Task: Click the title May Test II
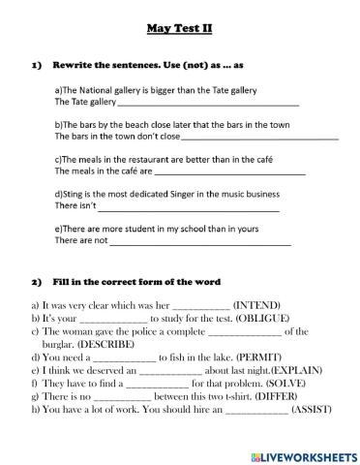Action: [179, 29]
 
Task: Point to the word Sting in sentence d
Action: [75, 194]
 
